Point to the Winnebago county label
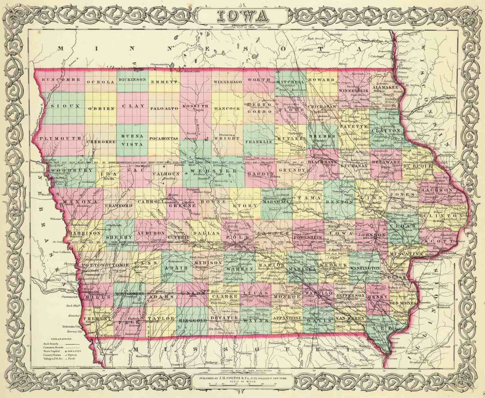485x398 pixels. pos(228,82)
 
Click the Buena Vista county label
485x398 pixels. pos(132,141)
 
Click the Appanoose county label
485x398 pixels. pos(287,318)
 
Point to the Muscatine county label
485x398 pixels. pos(406,254)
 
